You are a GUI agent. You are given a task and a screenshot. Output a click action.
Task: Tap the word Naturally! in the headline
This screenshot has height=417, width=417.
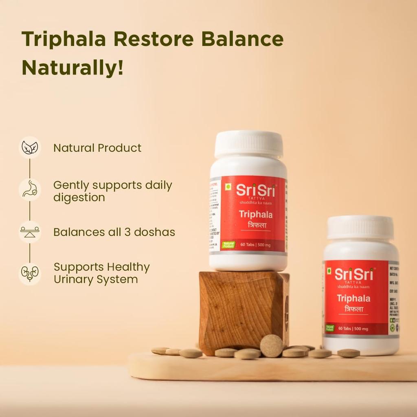[x=72, y=68]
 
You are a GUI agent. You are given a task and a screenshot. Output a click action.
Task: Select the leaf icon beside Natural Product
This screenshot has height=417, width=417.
[x=30, y=147]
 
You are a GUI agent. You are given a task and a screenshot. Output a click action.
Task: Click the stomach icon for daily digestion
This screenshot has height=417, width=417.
[x=30, y=190]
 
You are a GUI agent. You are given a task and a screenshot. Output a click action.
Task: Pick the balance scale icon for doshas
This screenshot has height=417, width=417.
[x=30, y=232]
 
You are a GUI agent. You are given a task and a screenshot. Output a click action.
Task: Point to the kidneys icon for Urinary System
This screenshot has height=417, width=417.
[x=30, y=274]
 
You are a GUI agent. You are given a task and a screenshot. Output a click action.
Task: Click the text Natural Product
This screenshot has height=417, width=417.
[x=97, y=148]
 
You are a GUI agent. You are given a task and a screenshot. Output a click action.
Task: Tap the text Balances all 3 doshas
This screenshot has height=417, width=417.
[x=114, y=232]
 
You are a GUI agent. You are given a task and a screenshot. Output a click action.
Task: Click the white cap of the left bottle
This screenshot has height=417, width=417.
[x=249, y=144]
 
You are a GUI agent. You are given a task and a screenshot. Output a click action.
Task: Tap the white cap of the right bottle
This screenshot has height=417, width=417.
[x=360, y=227]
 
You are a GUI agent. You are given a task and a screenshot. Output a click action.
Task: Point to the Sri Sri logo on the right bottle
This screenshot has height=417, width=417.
[x=353, y=274]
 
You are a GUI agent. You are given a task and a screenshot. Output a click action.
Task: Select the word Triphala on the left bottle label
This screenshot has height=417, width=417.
[x=255, y=214]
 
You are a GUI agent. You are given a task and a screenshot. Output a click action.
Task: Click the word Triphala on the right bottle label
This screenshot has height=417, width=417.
[x=353, y=298]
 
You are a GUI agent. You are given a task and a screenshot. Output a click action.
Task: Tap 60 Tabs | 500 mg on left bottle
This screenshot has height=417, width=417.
[x=257, y=244]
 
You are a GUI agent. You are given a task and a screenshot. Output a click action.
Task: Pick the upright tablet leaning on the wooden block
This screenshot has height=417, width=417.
[x=272, y=346]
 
